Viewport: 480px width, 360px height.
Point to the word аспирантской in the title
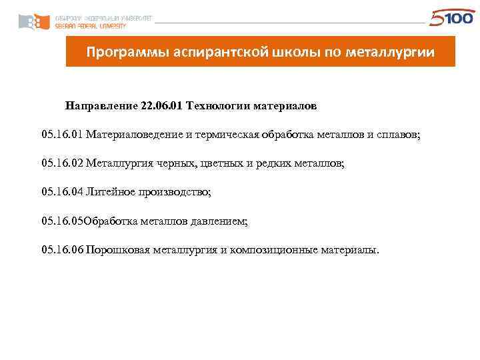click(x=213, y=51)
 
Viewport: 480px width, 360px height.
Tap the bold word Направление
click(x=101, y=106)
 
